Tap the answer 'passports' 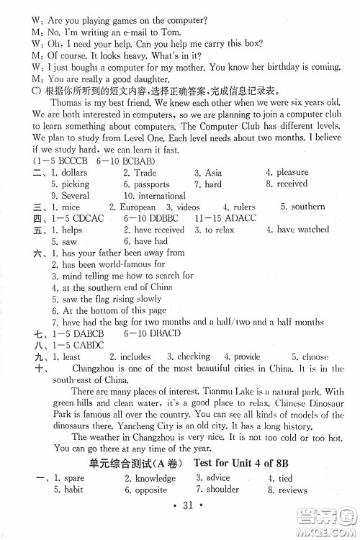[x=153, y=184]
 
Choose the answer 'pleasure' [x=292, y=173]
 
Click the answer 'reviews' [x=293, y=490]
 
